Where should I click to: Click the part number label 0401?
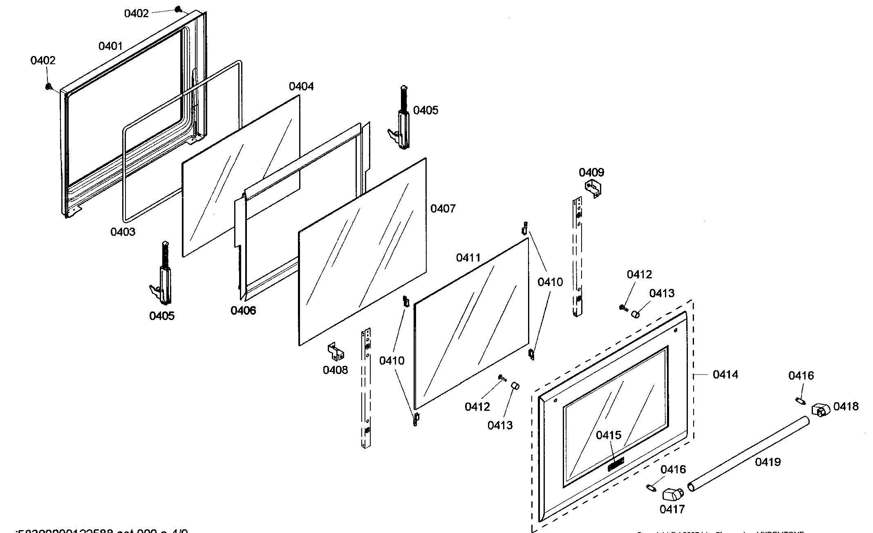click(110, 46)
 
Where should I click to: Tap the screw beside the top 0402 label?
click(178, 9)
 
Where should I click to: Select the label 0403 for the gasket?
click(123, 232)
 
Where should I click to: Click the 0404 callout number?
click(301, 87)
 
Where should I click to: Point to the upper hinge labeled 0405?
click(403, 123)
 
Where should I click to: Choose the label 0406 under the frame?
click(243, 311)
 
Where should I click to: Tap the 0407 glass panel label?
click(443, 209)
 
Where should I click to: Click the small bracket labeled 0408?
click(336, 352)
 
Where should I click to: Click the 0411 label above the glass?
click(468, 258)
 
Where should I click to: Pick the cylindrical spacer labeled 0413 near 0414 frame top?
click(636, 314)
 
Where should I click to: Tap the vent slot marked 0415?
click(616, 464)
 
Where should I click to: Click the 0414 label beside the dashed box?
click(725, 374)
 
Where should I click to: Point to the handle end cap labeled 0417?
click(672, 494)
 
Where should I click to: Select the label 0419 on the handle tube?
click(768, 462)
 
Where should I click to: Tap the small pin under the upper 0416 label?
click(800, 400)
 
